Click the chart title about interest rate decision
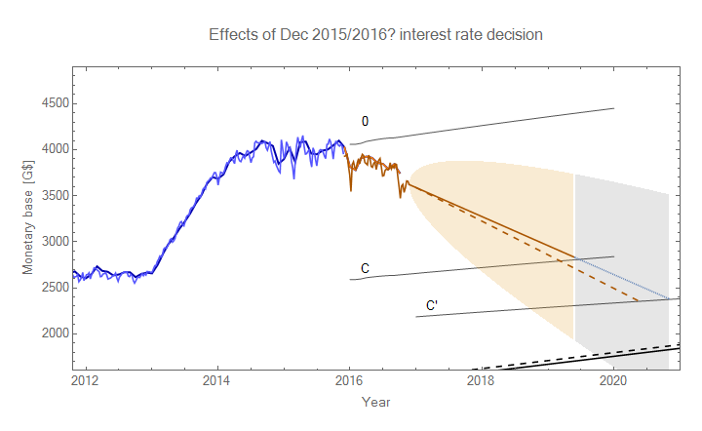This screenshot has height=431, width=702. (375, 34)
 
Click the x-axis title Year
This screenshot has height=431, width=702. (376, 402)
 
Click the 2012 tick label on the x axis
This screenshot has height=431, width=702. (85, 379)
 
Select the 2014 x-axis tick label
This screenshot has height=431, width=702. (217, 379)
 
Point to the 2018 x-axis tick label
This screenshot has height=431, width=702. (482, 379)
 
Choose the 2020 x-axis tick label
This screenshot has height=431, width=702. (613, 379)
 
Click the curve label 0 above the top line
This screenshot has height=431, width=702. (365, 122)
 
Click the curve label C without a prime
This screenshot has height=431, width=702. (364, 268)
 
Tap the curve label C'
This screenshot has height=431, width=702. (431, 306)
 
